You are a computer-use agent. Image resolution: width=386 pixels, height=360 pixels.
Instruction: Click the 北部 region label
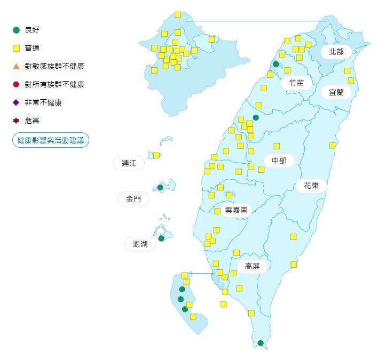point(336,52)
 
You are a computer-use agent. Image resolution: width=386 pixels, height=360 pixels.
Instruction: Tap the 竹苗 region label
point(296,83)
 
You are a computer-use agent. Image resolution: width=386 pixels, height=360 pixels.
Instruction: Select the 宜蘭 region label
point(336,92)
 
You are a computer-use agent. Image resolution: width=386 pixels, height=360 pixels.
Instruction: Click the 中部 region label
point(279,161)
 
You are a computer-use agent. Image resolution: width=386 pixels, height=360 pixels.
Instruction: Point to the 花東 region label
point(311,186)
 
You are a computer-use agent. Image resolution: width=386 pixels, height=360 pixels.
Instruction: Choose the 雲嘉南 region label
point(236,210)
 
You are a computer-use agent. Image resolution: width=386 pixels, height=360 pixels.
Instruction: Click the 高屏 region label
point(252,266)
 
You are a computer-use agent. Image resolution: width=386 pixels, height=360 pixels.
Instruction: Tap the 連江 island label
point(129,163)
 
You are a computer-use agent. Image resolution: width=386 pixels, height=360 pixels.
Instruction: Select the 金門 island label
point(133,199)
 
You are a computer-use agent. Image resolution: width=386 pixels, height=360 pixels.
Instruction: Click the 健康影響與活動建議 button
point(51,140)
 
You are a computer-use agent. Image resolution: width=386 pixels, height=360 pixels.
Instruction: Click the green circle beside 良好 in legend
point(16,30)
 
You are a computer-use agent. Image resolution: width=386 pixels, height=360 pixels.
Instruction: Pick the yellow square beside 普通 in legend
point(16,49)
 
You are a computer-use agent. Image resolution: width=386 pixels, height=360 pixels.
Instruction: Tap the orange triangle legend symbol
point(16,66)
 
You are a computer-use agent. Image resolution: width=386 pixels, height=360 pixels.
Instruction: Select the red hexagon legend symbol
point(16,84)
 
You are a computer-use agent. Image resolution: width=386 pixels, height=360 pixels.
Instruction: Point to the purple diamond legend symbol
point(16,102)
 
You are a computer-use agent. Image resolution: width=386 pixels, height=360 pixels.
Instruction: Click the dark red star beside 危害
point(16,121)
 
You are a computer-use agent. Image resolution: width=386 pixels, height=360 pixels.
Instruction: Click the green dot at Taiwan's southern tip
point(261,343)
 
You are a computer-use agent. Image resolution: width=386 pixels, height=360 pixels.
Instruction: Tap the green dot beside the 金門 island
point(160,188)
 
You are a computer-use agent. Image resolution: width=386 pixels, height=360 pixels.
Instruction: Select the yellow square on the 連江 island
point(156,155)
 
